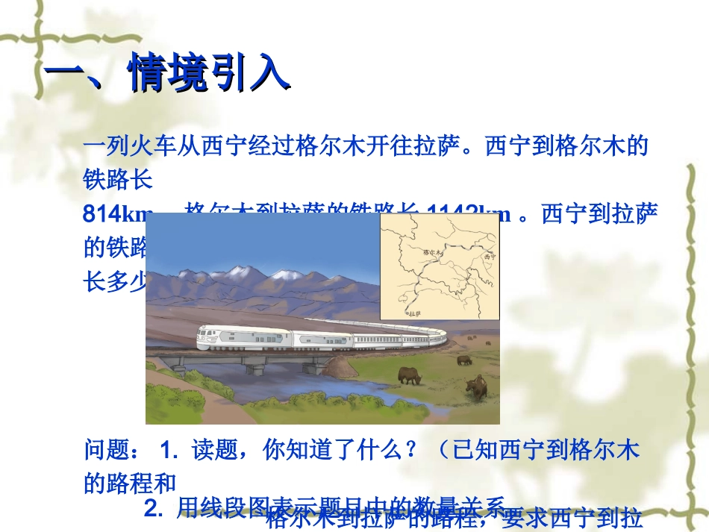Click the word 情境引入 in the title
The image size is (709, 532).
[209, 74]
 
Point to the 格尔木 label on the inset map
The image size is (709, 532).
[432, 253]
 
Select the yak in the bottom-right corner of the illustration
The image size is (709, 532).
[476, 387]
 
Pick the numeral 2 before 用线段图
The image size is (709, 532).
[151, 508]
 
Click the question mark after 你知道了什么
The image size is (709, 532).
[414, 451]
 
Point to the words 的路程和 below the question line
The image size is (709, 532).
[130, 483]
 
